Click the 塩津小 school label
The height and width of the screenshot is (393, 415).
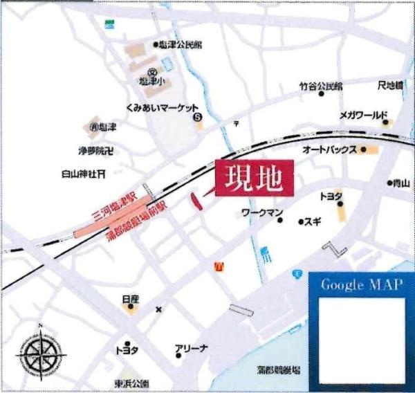click(x=149, y=81)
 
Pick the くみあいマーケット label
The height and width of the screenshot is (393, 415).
click(x=162, y=107)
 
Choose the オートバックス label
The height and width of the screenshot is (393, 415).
click(x=330, y=149)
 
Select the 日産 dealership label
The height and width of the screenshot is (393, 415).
click(x=130, y=299)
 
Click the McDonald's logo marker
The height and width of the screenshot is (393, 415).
click(x=219, y=265)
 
